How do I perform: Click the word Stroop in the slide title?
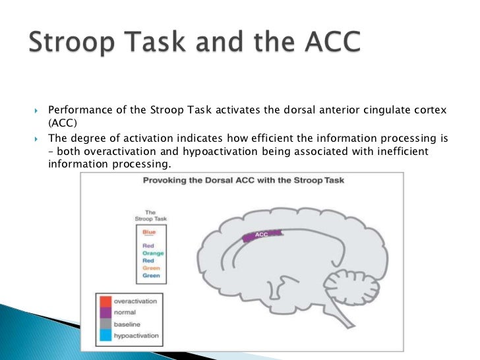tap(75, 44)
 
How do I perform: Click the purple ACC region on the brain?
tap(262, 235)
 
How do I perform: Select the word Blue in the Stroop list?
tap(149, 232)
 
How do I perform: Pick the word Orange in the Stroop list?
tap(153, 253)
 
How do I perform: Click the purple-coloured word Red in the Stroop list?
tap(148, 245)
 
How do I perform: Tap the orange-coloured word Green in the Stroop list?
tap(151, 268)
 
